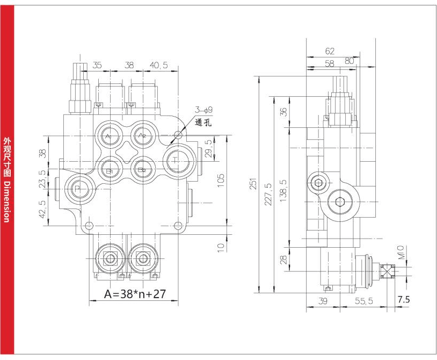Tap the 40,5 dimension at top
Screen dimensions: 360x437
click(x=158, y=65)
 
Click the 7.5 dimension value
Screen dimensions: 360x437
click(x=403, y=300)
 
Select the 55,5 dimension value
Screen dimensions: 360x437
click(x=363, y=301)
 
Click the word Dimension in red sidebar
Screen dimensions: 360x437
click(x=7, y=201)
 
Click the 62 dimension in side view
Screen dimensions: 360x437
click(x=330, y=52)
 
